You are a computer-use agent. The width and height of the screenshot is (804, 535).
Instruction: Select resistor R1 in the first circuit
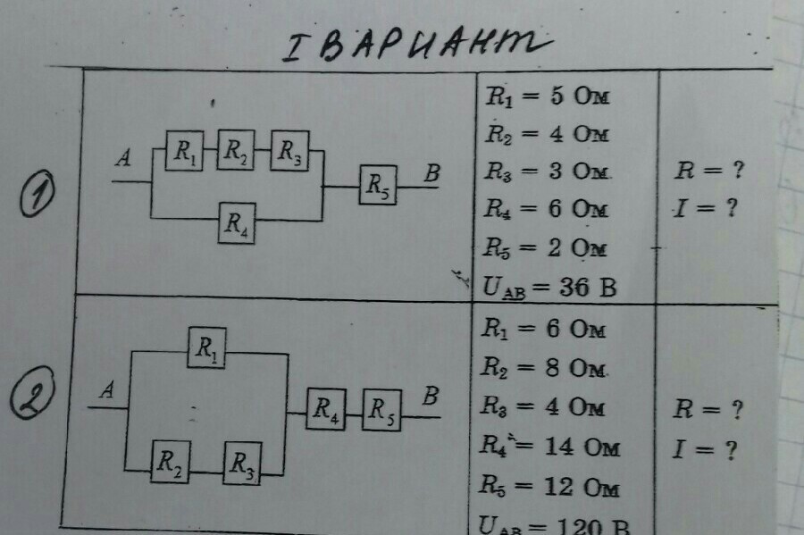[x=185, y=151]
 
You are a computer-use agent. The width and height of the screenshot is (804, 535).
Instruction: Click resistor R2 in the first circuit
[x=236, y=150]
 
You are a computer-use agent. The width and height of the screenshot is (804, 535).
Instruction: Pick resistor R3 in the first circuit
[x=289, y=151]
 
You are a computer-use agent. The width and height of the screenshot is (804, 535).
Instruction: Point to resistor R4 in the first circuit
[x=238, y=222]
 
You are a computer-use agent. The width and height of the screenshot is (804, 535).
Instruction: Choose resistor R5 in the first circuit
[x=380, y=187]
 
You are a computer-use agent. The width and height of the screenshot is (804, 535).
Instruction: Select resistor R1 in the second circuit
[x=206, y=347]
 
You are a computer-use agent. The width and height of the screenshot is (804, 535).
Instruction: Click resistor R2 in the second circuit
[x=169, y=462]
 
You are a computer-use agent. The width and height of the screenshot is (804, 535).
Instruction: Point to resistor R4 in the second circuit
[x=326, y=410]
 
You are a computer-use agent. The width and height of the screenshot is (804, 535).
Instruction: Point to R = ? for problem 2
[x=708, y=410]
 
